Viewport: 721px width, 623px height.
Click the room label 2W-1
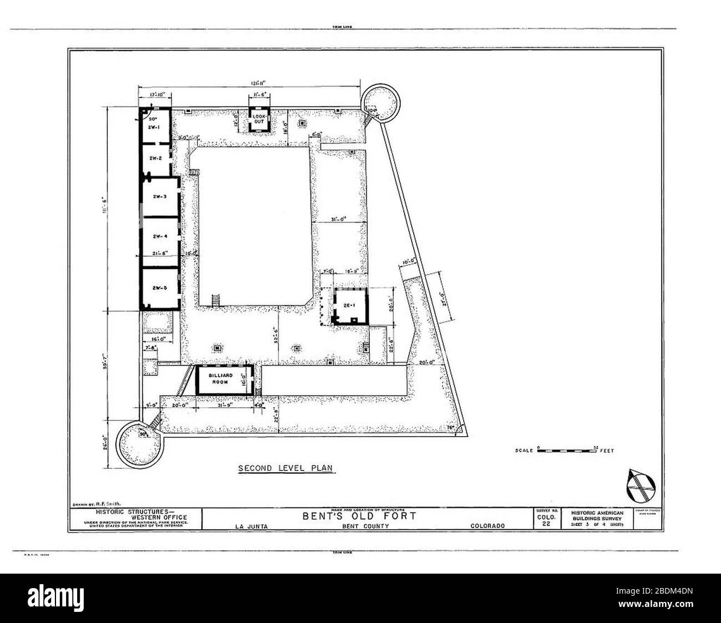point(154,127)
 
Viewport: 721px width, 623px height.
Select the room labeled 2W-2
point(156,158)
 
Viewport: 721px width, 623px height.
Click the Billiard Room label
point(219,379)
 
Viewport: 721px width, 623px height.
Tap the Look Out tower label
point(260,118)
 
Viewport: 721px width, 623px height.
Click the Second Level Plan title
point(285,468)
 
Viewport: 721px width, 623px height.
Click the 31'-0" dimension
point(339,218)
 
